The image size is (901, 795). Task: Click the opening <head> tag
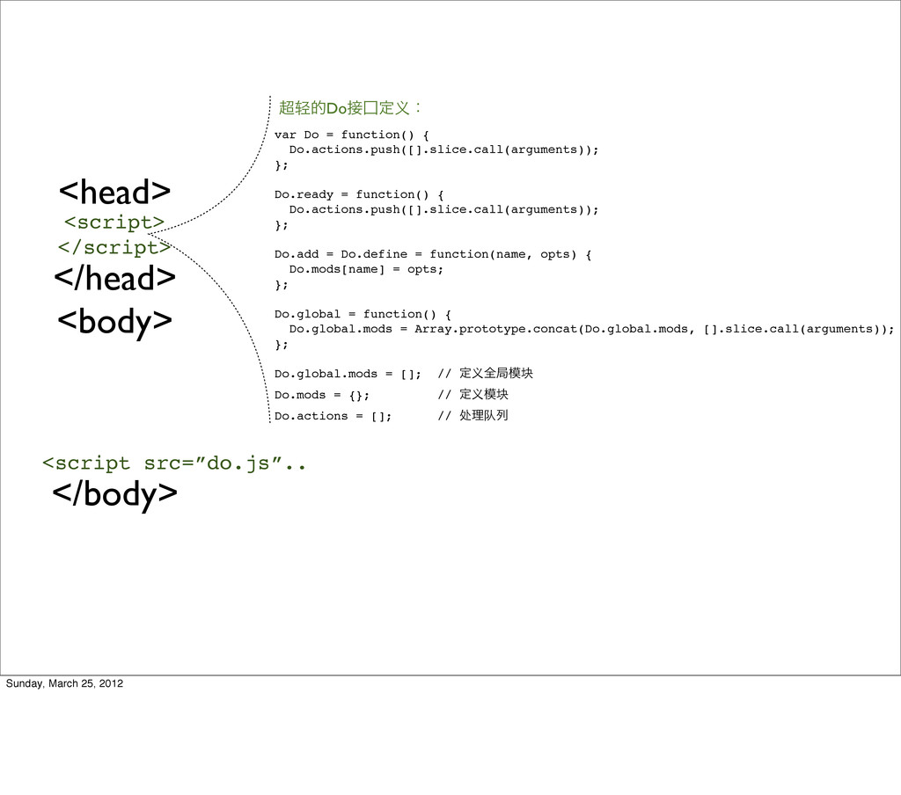[114, 191]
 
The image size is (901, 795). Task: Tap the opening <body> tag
[114, 322]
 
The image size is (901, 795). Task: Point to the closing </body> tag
[114, 495]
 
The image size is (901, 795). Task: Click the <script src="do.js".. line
[174, 463]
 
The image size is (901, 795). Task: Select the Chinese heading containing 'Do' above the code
[349, 108]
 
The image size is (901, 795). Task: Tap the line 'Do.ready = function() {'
[359, 194]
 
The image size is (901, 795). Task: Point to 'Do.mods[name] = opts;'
[366, 269]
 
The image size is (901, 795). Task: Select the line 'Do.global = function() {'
[363, 314]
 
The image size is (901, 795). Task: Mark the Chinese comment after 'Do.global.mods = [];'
[486, 375]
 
